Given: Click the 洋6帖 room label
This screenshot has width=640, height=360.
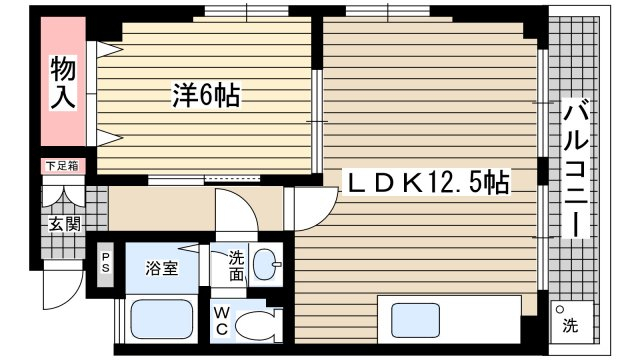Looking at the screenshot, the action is [206, 95].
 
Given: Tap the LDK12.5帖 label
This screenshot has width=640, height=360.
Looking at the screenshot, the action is [427, 182].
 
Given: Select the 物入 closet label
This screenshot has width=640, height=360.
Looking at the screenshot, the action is [63, 82].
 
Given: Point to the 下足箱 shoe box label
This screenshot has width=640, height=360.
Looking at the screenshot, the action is [62, 166].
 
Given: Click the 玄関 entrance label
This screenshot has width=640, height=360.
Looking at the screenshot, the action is [64, 224].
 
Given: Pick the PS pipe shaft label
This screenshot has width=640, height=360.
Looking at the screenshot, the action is [105, 263].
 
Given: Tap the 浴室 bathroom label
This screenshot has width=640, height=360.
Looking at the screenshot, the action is [162, 268].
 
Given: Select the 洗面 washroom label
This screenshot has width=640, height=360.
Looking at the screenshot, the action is [236, 266].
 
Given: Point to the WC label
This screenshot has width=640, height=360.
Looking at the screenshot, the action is [222, 321].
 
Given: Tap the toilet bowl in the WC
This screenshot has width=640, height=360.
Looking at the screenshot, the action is [258, 325].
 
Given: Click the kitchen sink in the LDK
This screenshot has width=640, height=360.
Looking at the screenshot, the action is [416, 320].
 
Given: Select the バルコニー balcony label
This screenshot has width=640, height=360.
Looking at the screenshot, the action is [576, 167].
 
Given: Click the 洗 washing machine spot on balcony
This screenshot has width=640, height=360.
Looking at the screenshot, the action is [571, 322].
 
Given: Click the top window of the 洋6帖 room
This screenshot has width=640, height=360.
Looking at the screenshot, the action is [247, 11].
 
